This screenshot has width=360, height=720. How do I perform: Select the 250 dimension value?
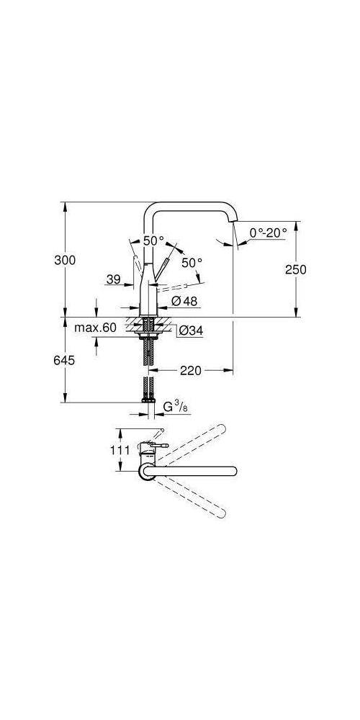(296, 269)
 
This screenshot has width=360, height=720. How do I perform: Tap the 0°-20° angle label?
(268, 232)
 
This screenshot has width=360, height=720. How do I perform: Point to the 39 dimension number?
(112, 280)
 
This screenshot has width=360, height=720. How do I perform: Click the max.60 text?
(96, 328)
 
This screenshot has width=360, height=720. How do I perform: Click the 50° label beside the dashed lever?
(192, 263)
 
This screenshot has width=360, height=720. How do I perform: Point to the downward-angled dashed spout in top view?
(194, 500)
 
